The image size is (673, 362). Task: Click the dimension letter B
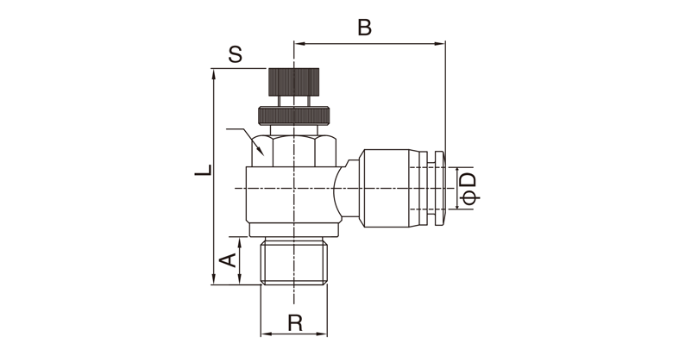[x=364, y=28]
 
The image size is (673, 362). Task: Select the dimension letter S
[x=236, y=55]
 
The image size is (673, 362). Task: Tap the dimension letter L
[x=204, y=170]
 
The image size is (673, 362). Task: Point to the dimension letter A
[x=228, y=260]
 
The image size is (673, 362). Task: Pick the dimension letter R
[x=295, y=322]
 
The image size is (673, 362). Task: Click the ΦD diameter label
[x=469, y=188]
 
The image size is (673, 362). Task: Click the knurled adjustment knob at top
[x=294, y=82]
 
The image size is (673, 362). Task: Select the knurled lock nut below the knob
[x=294, y=115]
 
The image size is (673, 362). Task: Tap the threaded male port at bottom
[x=294, y=262]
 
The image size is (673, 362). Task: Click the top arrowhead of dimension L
[x=214, y=75]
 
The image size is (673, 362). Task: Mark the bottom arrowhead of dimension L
[x=214, y=278]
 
